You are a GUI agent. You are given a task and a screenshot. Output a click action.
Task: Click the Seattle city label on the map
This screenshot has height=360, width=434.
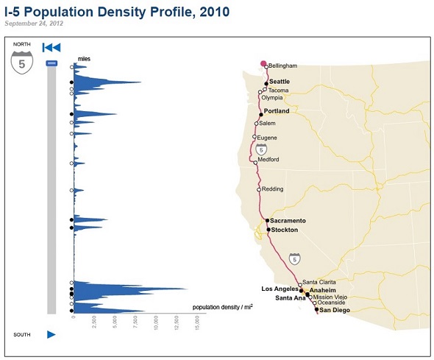coord(280,82)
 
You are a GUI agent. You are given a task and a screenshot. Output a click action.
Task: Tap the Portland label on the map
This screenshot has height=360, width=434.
coord(277,110)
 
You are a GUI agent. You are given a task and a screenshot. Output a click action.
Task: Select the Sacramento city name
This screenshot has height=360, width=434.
coord(288,221)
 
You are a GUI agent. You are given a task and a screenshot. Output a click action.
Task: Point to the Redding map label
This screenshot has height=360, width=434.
coord(272,189)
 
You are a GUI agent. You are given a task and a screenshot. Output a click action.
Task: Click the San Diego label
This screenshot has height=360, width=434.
coord(335,310)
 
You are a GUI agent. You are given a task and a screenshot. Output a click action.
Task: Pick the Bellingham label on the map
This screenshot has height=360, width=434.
coord(282,66)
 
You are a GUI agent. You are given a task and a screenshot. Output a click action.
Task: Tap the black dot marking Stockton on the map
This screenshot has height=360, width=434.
coord(268,230)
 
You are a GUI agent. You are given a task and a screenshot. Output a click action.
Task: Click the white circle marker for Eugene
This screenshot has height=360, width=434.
coord(254,136)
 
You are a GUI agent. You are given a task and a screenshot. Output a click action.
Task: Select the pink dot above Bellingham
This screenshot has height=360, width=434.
coord(263,64)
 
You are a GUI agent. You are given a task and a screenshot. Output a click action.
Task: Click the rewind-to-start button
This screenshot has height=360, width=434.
coord(51,48)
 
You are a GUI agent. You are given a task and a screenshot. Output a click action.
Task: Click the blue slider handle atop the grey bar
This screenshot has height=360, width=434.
coord(51,63)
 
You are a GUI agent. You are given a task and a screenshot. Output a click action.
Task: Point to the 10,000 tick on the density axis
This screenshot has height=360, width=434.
coord(155,322)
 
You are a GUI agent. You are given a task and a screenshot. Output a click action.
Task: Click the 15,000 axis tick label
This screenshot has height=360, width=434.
coord(197,322)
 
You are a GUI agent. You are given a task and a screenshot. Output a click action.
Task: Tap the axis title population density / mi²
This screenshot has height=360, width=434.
coord(223,307)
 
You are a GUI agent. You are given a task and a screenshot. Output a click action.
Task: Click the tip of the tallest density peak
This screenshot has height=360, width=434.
coord(188,289)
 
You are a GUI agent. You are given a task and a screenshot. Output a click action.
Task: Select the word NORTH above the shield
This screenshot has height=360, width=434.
coord(22,44)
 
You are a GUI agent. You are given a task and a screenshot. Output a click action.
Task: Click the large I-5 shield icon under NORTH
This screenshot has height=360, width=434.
coord(22,63)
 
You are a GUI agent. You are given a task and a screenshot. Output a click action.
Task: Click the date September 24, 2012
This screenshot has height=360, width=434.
coord(34,24)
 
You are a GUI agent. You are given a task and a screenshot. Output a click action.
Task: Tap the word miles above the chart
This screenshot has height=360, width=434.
coord(84,59)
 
